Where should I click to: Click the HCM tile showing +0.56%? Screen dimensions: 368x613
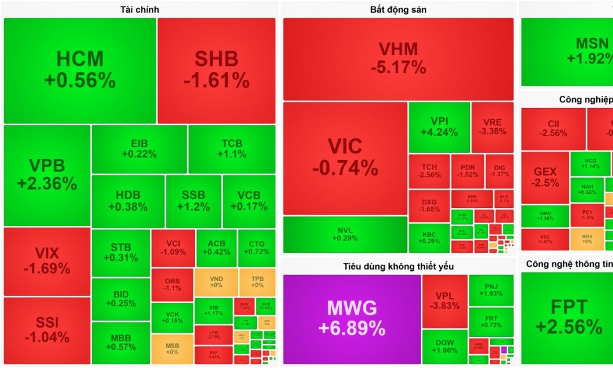80,70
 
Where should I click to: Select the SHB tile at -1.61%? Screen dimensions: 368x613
216,70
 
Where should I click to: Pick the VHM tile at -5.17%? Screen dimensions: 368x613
398,58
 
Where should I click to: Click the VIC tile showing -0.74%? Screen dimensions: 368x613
345,157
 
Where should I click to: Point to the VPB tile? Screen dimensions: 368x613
47,174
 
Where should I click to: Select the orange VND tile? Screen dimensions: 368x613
216,282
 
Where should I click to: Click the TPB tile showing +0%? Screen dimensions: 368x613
257,282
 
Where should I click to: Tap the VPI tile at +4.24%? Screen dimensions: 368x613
439,126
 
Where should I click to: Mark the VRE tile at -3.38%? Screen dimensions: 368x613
492,126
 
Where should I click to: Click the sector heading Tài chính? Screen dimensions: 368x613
139,10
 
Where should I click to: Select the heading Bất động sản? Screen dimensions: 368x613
398,10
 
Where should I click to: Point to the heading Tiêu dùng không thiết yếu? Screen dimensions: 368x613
398,266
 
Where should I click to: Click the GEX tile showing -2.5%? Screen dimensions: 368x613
545,177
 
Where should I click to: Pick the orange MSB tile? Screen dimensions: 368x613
172,348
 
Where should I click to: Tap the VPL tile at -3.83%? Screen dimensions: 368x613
445,301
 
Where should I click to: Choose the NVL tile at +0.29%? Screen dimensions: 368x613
345,234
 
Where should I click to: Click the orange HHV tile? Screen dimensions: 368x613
587,238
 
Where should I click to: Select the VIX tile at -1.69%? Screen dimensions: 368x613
47,261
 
